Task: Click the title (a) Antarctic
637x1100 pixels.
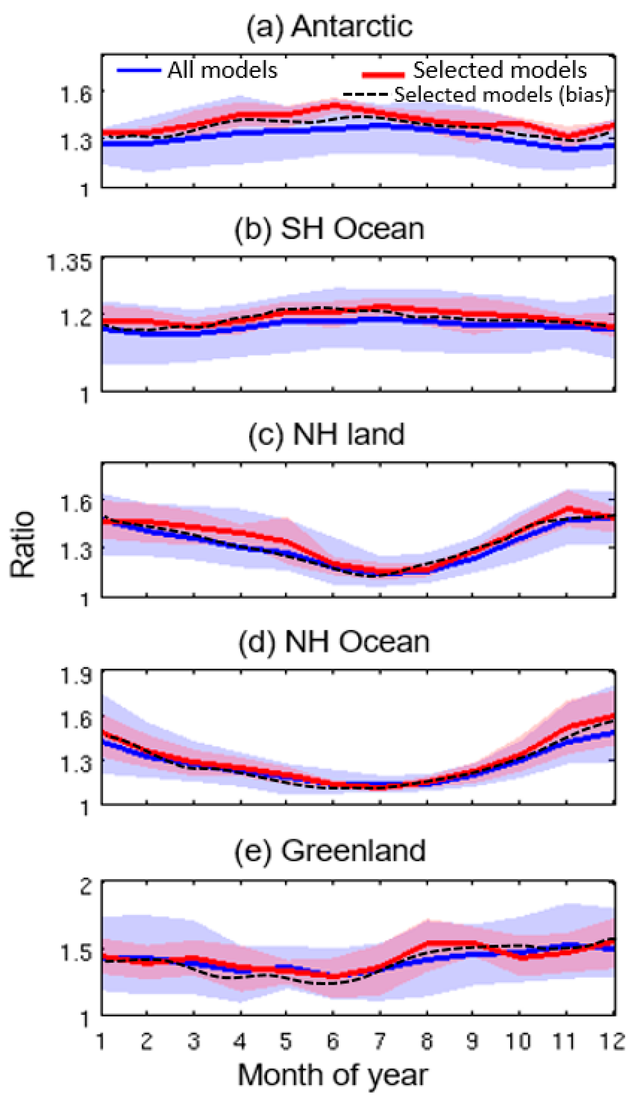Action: click(329, 27)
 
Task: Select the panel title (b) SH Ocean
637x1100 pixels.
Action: click(329, 229)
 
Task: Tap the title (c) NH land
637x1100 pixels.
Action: click(327, 434)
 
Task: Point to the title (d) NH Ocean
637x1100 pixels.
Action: click(334, 642)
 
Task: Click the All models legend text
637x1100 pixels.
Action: click(222, 70)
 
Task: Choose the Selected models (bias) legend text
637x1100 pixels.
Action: click(501, 95)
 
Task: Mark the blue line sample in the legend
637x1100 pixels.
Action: click(139, 70)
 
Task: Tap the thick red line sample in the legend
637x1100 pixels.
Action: click(383, 74)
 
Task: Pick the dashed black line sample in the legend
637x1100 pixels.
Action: click(365, 94)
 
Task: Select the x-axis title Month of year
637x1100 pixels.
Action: click(333, 1075)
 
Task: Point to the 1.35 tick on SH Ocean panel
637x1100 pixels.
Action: click(70, 263)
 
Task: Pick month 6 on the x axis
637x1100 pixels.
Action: click(333, 1041)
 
